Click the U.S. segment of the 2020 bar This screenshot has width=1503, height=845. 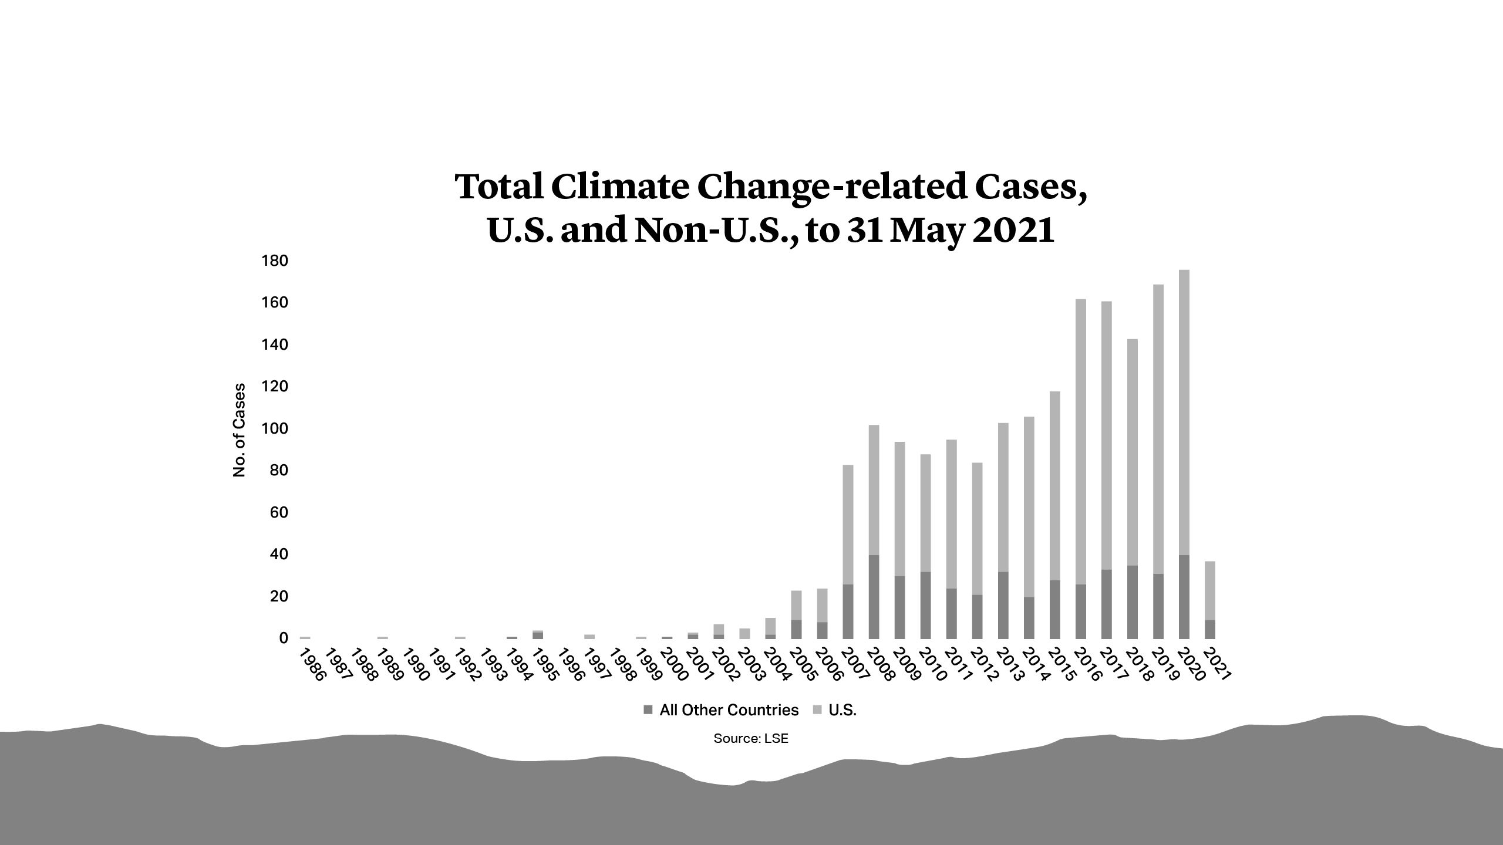coord(1184,411)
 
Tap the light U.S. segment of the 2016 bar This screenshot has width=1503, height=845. coord(1081,440)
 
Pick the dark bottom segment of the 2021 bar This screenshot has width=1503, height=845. coord(1210,629)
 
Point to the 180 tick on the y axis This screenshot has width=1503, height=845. coord(274,261)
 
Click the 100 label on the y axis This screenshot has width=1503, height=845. coord(274,428)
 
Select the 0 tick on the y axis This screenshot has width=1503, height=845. coord(284,638)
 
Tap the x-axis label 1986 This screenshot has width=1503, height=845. coord(312,665)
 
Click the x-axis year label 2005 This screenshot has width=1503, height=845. coord(804,665)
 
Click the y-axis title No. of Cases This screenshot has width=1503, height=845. coord(239,430)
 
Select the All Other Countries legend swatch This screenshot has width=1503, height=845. coord(648,710)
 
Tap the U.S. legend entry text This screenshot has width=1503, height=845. coord(843,710)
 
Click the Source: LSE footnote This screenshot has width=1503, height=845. coord(751,739)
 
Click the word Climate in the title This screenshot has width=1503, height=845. coord(620,187)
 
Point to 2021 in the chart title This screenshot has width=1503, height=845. coord(1013,231)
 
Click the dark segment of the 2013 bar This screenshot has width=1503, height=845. coord(1003,605)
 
